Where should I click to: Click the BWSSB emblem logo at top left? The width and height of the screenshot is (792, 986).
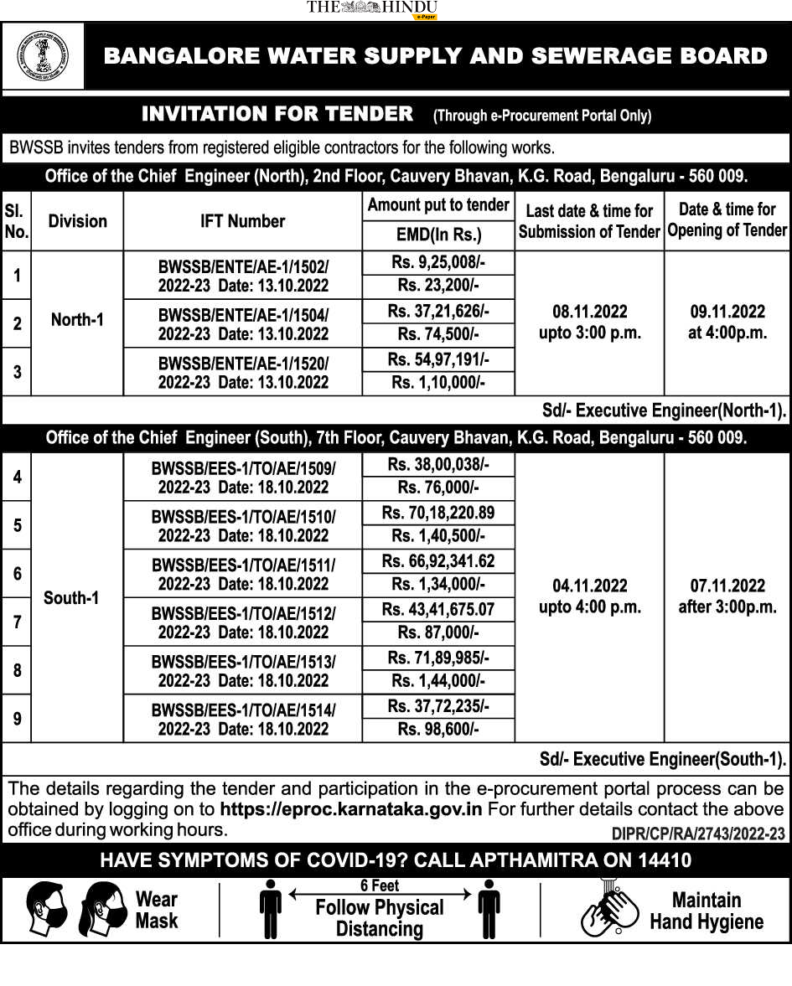tap(44, 56)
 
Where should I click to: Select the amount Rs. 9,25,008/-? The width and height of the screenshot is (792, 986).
tap(438, 262)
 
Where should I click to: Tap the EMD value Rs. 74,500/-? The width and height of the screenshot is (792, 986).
tap(438, 334)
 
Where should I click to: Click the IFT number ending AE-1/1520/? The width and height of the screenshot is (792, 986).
tap(243, 364)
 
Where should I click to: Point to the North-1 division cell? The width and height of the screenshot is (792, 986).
tap(77, 320)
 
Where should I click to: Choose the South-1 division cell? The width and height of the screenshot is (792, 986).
tap(71, 597)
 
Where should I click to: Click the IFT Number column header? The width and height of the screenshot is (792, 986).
tap(242, 221)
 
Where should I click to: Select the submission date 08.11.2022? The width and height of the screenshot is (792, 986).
tap(589, 312)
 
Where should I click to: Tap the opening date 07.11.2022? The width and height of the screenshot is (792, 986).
tap(727, 586)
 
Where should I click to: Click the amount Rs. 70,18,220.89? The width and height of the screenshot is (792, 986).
tap(438, 513)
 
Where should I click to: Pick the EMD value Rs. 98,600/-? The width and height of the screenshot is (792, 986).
tap(438, 730)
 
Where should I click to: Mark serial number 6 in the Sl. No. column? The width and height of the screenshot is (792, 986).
tap(17, 574)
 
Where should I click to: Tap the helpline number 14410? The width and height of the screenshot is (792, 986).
tap(662, 860)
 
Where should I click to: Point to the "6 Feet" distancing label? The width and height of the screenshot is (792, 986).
tap(380, 885)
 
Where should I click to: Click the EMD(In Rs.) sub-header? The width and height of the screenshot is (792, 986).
tap(438, 234)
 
